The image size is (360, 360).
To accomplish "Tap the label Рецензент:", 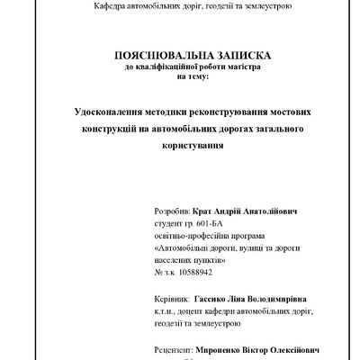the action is click(x=175, y=350).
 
